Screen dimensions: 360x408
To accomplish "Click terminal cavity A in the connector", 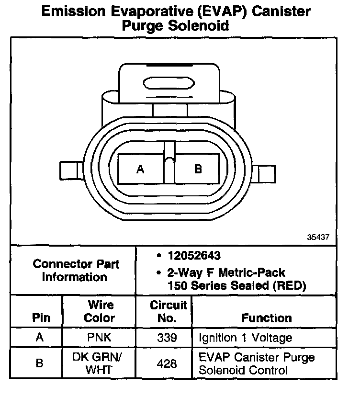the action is (x=140, y=169).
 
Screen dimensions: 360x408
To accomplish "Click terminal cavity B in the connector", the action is (x=198, y=169).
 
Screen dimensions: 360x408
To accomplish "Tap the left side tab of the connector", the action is (x=71, y=170).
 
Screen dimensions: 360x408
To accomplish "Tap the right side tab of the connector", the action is (x=265, y=172).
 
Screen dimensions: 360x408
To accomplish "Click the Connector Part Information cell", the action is (x=76, y=271).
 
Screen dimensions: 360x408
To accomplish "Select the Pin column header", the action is (x=41, y=318).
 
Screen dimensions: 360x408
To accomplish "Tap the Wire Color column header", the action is (x=100, y=311).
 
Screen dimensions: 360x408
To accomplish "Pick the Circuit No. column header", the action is (x=168, y=311).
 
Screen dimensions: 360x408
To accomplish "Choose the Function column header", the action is (x=267, y=318).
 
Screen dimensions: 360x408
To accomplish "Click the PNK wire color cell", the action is (x=100, y=338).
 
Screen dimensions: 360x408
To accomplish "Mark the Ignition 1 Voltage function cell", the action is (x=246, y=338).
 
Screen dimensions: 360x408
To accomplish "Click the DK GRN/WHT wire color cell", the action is (x=100, y=363).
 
